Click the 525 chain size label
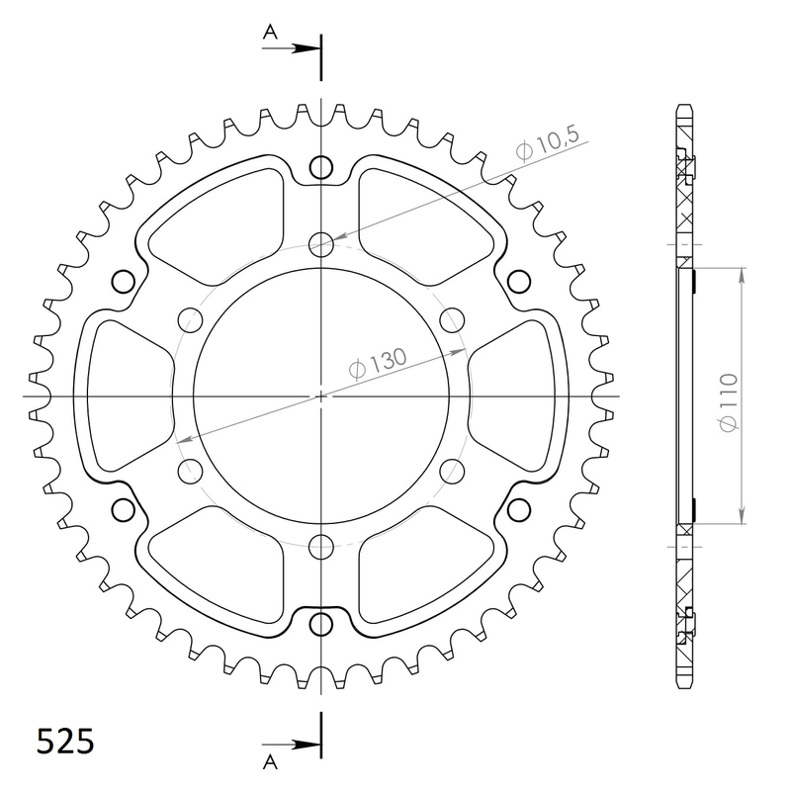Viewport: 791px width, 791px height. (x=66, y=742)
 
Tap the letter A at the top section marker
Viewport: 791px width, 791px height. (x=269, y=33)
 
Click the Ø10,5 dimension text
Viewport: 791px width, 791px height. (x=546, y=148)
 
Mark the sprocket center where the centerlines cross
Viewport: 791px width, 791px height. (x=321, y=396)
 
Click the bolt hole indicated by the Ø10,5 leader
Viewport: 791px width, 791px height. (x=321, y=243)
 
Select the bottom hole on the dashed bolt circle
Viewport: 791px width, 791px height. (x=321, y=546)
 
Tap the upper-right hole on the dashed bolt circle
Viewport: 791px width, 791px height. (x=452, y=319)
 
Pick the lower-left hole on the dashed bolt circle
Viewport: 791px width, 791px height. (x=189, y=469)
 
